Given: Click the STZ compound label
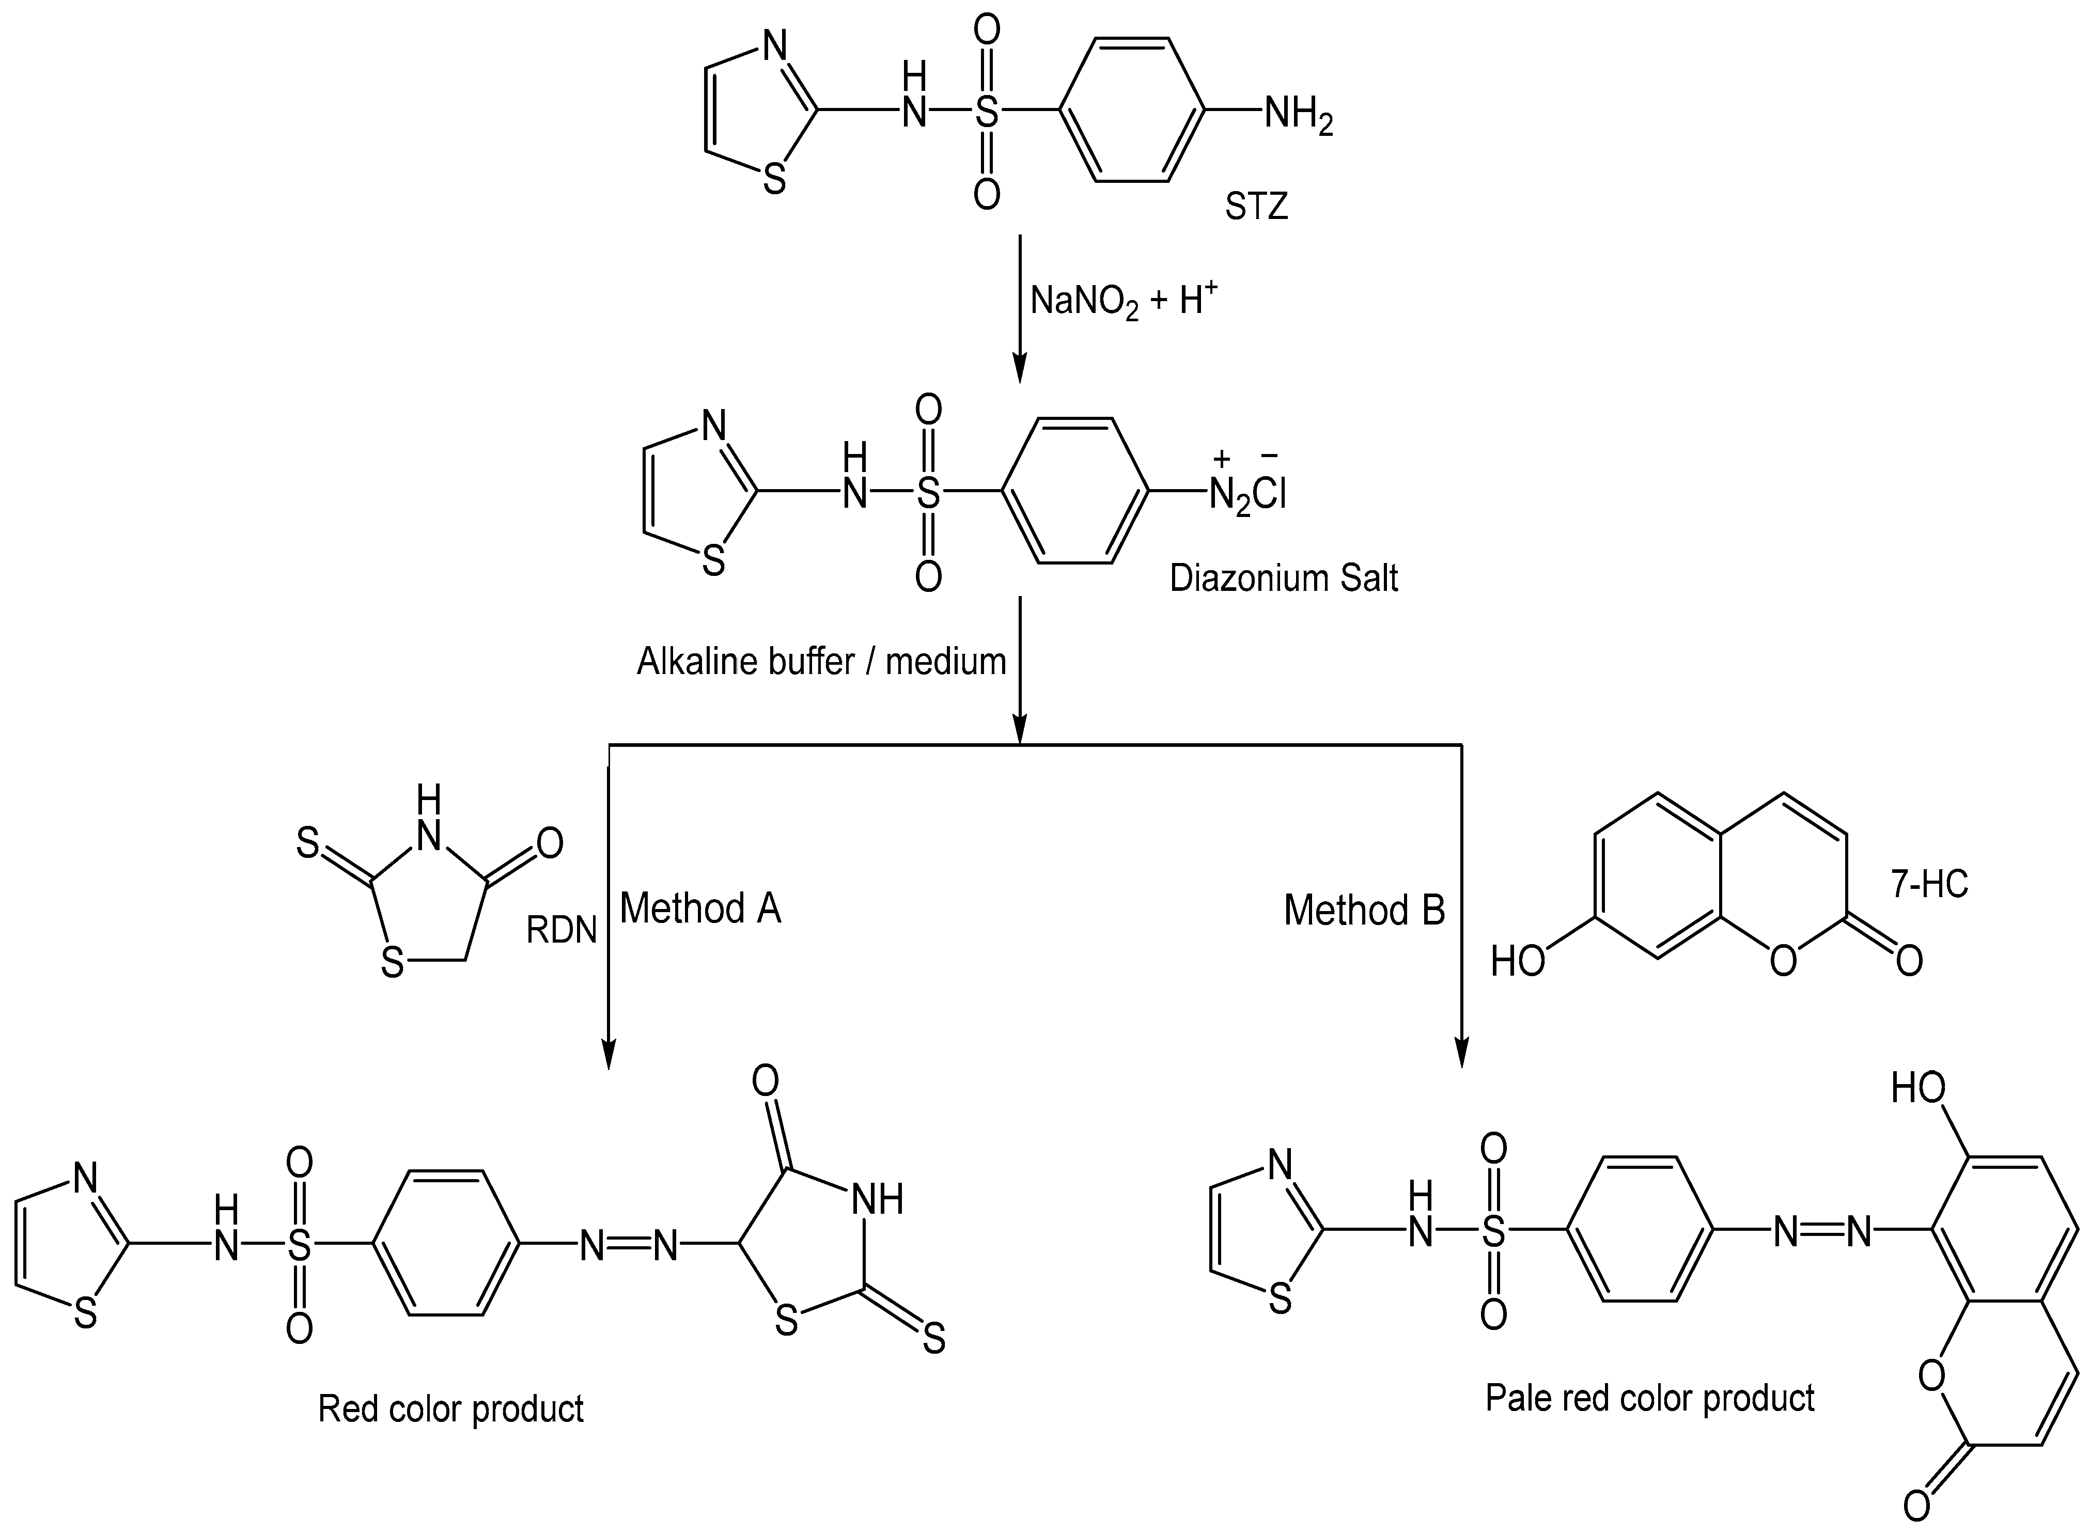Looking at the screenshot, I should point(1255,206).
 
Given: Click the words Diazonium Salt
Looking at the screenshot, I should point(1283,578).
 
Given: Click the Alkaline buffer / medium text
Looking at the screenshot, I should point(821,662).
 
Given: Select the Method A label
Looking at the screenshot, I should point(700,908).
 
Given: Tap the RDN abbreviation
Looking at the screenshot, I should point(562,930).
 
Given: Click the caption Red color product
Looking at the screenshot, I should point(451,1408).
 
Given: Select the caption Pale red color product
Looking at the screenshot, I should point(1649,1398).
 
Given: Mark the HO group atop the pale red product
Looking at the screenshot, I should point(1918,1087).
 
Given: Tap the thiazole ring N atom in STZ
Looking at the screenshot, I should point(774,44).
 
